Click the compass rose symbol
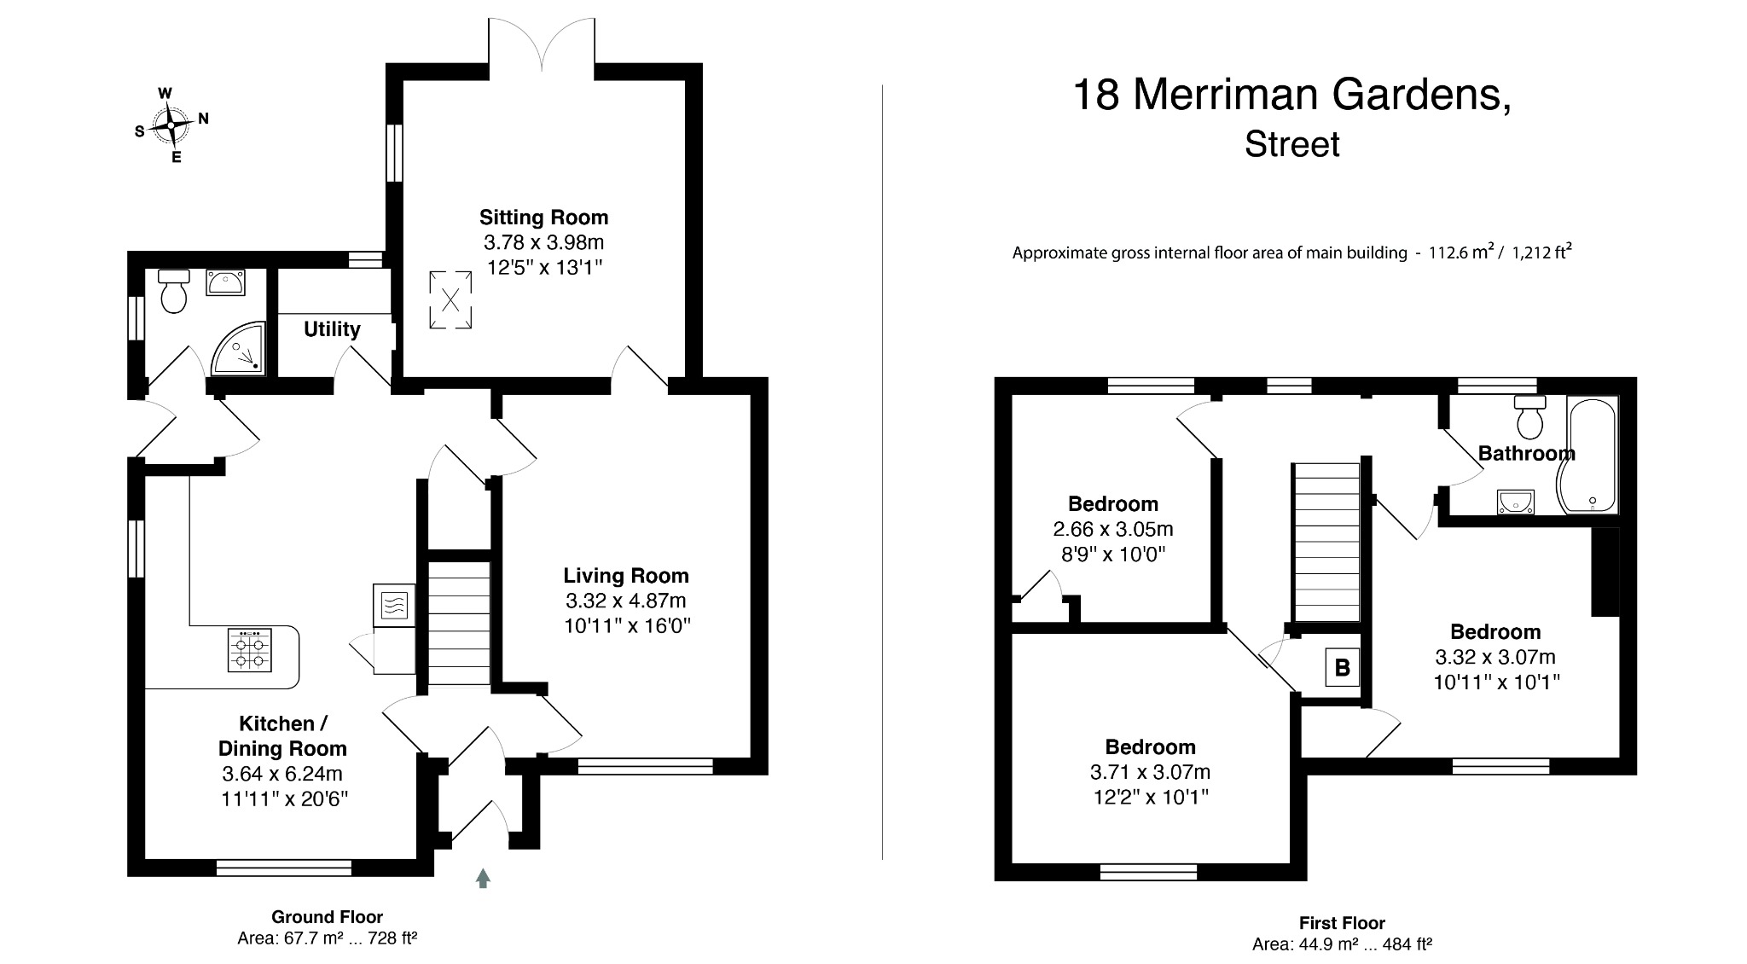click(171, 125)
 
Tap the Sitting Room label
click(543, 217)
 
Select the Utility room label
click(332, 329)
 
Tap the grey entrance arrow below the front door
click(483, 878)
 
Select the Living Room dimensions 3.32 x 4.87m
click(625, 601)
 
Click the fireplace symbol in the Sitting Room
click(450, 299)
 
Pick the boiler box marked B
click(1342, 667)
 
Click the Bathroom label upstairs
click(1526, 453)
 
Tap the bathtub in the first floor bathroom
click(1591, 456)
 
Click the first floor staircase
click(1325, 543)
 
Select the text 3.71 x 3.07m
click(1150, 772)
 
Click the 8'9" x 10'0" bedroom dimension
click(1112, 555)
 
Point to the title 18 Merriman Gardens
click(1291, 95)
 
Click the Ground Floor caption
click(327, 917)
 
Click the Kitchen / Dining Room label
click(282, 736)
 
